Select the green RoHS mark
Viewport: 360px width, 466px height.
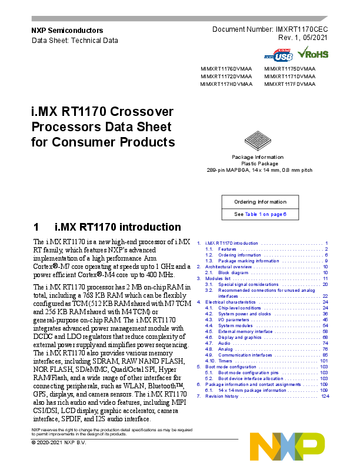(313, 54)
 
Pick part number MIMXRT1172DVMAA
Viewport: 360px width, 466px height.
(226, 76)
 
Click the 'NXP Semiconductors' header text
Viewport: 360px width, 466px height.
(66, 30)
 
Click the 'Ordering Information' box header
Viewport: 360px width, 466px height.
(259, 202)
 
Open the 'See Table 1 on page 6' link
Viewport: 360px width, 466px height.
(259, 214)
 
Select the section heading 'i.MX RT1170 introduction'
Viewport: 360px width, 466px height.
(117, 227)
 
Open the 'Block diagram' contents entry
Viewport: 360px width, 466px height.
(230, 273)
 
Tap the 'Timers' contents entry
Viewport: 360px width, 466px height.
(225, 360)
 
